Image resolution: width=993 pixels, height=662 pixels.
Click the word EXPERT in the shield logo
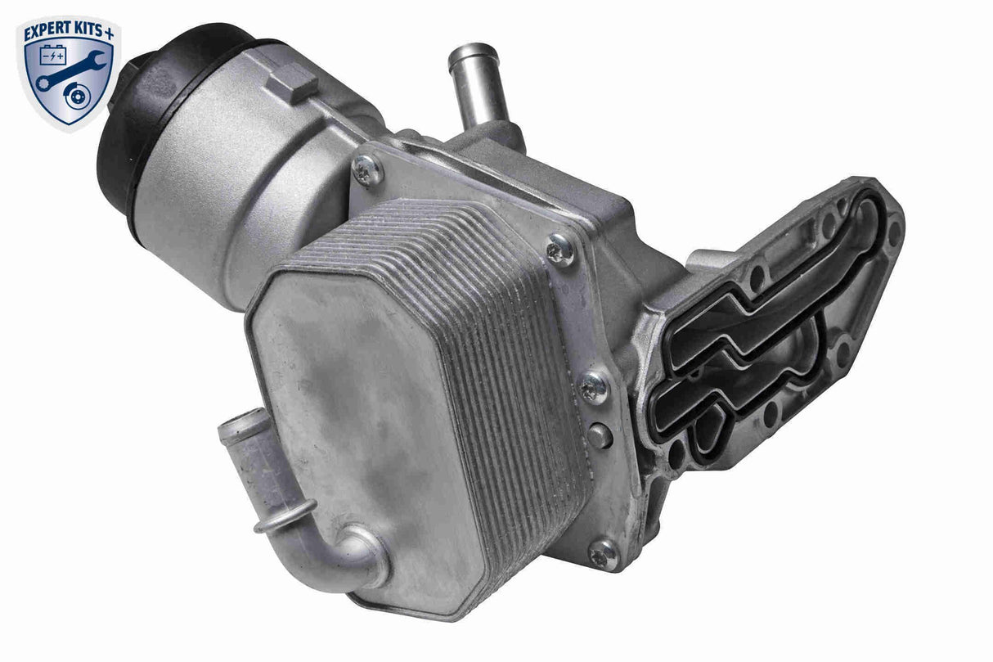point(46,33)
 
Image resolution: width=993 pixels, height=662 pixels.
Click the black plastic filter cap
point(131,123)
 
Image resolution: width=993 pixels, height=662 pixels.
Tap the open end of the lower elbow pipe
point(234,428)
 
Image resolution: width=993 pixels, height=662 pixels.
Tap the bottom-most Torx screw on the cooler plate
point(604,554)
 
